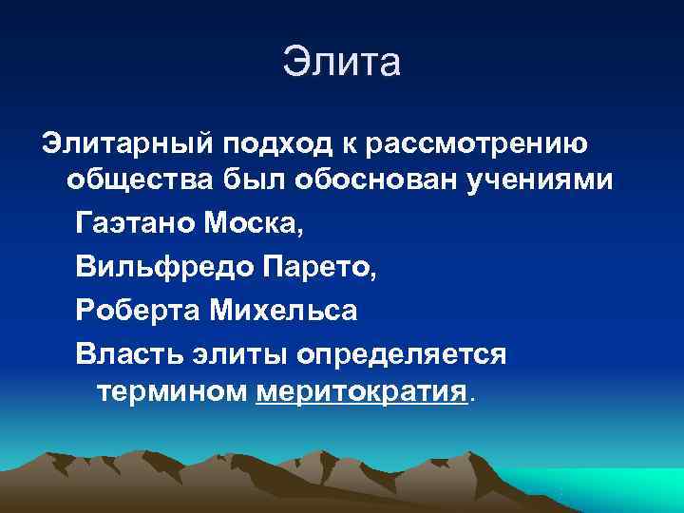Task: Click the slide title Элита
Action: click(342, 63)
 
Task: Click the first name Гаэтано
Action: click(134, 226)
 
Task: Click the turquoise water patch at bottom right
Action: click(627, 489)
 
